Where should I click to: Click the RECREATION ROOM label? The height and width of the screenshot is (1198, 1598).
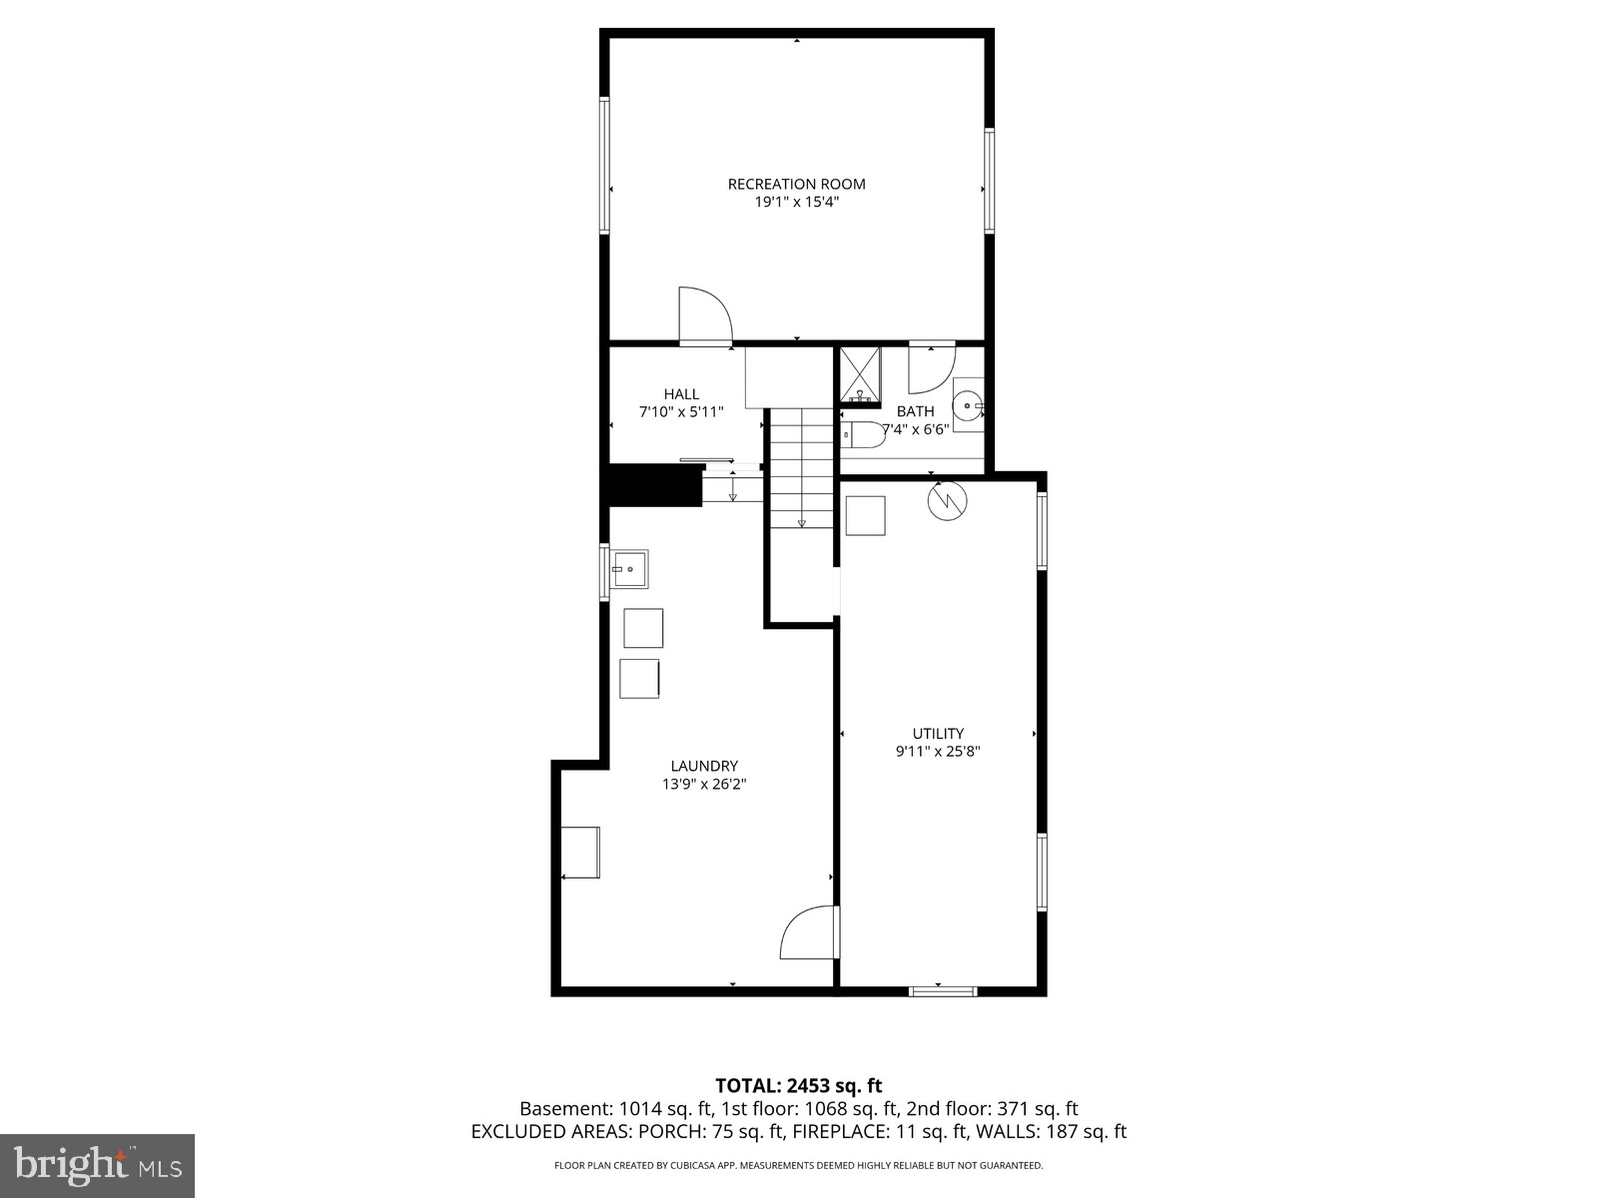tap(796, 184)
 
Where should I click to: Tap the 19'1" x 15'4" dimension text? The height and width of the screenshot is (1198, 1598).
tap(796, 202)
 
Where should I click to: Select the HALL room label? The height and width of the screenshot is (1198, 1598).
tap(681, 394)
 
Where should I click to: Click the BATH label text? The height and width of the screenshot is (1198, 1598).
tap(915, 411)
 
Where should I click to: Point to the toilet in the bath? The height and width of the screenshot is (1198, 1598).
tap(863, 434)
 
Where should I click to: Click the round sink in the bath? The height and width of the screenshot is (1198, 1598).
tap(967, 405)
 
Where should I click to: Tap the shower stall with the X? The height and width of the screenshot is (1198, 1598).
tap(859, 375)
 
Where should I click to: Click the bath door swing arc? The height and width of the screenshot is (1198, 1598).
tap(932, 368)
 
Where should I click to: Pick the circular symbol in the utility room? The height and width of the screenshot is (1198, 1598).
tap(947, 500)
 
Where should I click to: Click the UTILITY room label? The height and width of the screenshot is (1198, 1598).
tap(938, 734)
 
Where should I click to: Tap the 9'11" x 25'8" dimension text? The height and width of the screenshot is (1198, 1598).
tap(938, 752)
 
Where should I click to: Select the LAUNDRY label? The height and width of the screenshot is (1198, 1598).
tap(704, 767)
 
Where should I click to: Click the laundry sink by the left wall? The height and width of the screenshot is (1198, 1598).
tap(629, 569)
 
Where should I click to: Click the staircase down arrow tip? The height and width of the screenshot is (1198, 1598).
tap(801, 523)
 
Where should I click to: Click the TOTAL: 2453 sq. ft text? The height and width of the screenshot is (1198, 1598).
tap(798, 1086)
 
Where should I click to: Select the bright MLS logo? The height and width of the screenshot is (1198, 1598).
tap(97, 1165)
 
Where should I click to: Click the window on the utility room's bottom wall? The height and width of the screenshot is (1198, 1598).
tap(942, 991)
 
